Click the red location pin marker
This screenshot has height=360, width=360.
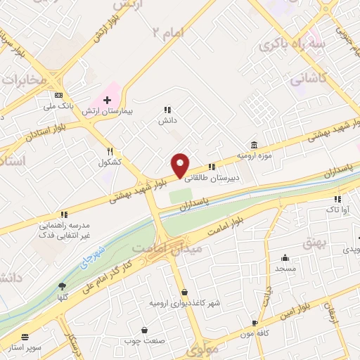pos(181,165)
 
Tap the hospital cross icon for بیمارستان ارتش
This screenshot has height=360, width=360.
pos(107,101)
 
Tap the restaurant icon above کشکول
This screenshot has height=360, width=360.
pos(110,151)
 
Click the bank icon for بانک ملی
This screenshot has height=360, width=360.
pos(58,96)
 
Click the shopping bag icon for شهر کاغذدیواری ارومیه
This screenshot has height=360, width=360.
pos(184,292)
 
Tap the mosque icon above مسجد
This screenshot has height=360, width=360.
pos(285,257)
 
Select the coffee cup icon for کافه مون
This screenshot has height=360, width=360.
pos(255,323)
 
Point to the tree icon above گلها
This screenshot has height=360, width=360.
pos(62,285)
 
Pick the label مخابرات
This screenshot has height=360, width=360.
pos(22,80)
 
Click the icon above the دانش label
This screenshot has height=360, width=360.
pos(167,110)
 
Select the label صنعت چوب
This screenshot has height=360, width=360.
pos(146,341)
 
